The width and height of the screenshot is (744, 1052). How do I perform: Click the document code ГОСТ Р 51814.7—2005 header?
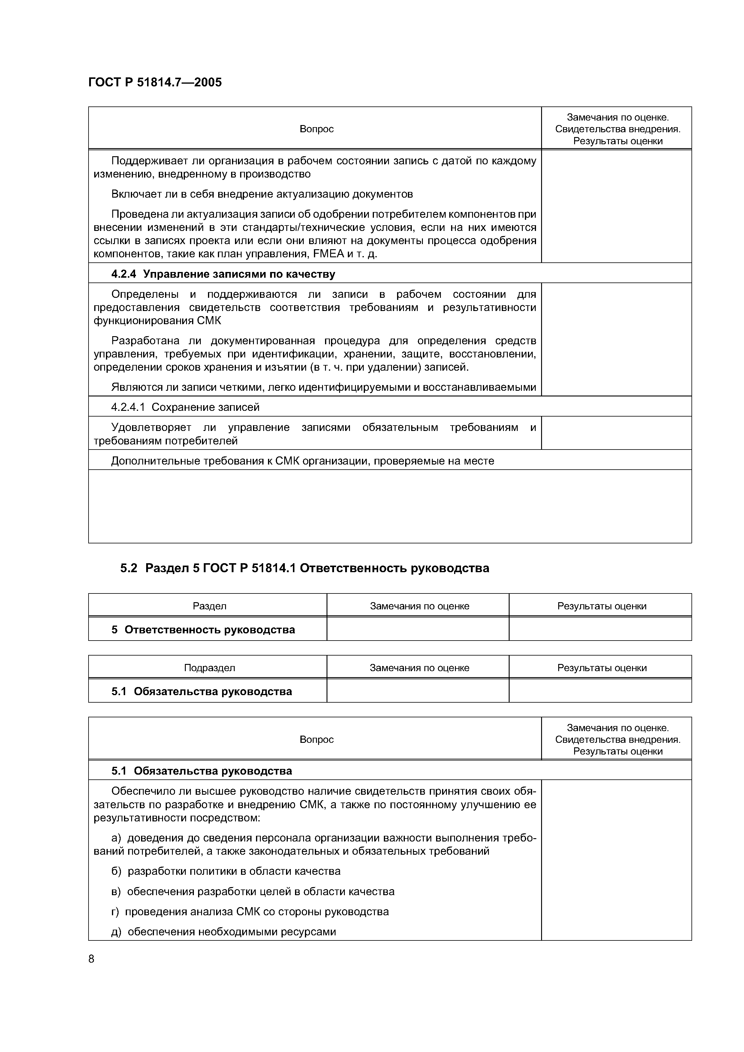coord(155,82)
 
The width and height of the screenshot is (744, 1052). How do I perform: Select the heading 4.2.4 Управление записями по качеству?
coord(223,274)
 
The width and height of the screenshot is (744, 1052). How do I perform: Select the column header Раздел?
coord(209,606)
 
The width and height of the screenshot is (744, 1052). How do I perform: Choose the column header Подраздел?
coord(209,668)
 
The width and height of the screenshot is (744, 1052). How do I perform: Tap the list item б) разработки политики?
coord(225,871)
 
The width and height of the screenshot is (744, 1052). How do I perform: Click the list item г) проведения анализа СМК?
coord(250,911)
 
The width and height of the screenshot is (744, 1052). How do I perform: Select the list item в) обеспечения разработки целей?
coord(253,891)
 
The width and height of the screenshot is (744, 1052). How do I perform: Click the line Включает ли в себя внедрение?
coord(262,194)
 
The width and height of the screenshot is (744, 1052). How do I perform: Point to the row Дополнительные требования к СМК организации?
coord(303,461)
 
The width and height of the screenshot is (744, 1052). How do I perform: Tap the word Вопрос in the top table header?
coord(316,129)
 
